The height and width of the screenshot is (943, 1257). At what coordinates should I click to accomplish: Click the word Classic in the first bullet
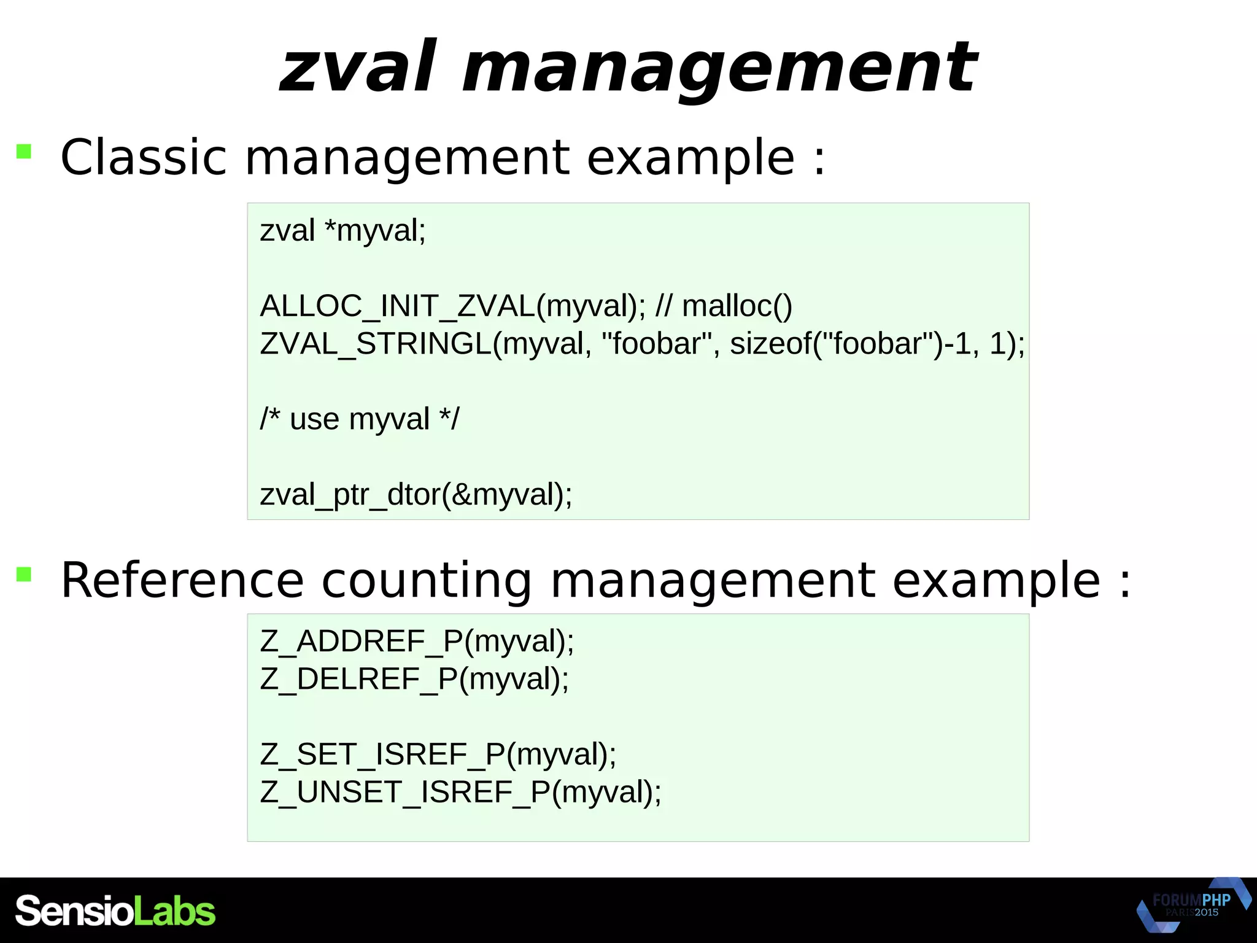click(144, 157)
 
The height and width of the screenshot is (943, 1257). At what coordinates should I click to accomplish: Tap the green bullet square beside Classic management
click(24, 151)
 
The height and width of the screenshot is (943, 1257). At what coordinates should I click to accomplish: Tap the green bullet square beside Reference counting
click(24, 575)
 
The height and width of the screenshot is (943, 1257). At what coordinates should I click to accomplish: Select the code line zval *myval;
click(342, 231)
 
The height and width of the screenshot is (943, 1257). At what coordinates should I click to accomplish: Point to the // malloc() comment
click(724, 306)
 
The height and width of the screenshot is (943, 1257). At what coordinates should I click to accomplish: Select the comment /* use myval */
click(359, 419)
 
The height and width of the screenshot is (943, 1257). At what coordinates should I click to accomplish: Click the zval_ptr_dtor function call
click(350, 495)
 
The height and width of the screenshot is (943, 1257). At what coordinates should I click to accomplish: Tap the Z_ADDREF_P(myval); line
click(417, 642)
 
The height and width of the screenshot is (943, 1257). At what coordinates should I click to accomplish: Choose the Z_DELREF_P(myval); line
click(415, 679)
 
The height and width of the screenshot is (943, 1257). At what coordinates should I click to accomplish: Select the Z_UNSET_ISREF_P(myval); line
click(461, 792)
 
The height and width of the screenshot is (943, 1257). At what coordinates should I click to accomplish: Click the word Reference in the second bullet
click(182, 580)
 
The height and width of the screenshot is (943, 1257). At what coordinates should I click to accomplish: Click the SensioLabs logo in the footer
click(115, 911)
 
